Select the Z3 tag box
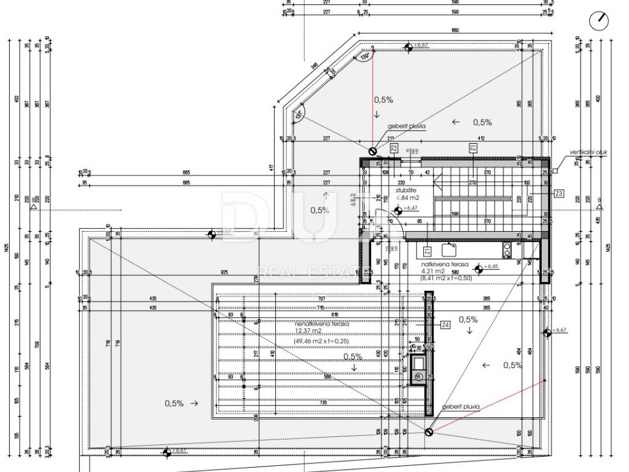point(558,194)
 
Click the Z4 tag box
point(445,324)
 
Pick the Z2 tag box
point(394,147)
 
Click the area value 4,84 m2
point(408,198)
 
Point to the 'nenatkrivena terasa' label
point(322,323)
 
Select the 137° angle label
point(299,114)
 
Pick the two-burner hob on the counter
point(507,249)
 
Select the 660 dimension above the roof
point(455,30)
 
